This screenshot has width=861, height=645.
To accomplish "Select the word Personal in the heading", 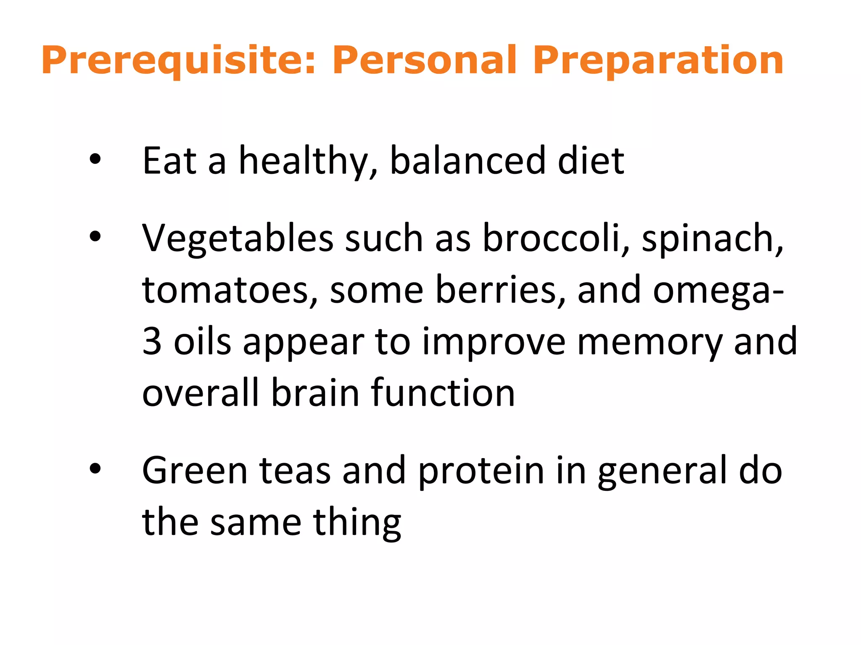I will [x=425, y=61].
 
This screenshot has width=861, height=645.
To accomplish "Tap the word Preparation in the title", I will [x=658, y=61].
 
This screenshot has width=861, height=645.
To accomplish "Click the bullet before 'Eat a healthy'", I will [x=95, y=159].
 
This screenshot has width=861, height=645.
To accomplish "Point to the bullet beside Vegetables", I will [x=95, y=237].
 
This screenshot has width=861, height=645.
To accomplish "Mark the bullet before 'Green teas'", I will [x=95, y=469].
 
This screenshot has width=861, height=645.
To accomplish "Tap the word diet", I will [x=591, y=160].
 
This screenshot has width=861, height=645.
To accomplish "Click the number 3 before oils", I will [x=152, y=341].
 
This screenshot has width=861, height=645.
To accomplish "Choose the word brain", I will [x=315, y=393].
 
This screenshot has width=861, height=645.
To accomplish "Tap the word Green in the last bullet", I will [x=195, y=470].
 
